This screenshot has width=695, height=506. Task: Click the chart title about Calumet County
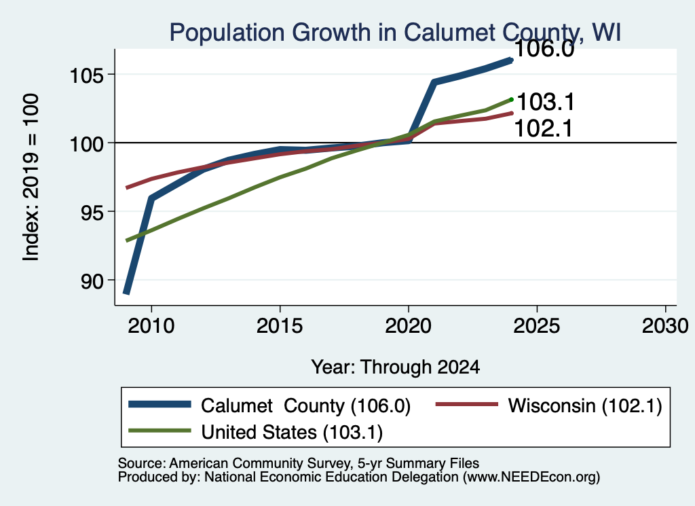click(x=395, y=33)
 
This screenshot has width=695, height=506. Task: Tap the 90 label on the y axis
click(x=92, y=281)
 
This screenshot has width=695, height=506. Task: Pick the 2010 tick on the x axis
click(x=151, y=326)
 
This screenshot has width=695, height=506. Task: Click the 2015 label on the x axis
click(x=280, y=326)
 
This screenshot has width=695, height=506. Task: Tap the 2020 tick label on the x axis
click(x=408, y=326)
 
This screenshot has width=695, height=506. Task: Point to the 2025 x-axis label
click(x=537, y=326)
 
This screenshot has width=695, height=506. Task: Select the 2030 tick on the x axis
click(x=665, y=326)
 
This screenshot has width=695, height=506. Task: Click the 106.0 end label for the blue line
click(x=544, y=49)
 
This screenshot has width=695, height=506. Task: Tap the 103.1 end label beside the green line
click(x=546, y=102)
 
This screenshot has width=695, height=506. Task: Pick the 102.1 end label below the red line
click(x=544, y=128)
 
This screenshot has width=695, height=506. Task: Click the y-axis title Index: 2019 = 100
click(x=31, y=177)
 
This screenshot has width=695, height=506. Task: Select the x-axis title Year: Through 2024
click(x=396, y=367)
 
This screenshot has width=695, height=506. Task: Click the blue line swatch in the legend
click(x=159, y=404)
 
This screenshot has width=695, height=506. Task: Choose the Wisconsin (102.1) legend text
click(x=585, y=405)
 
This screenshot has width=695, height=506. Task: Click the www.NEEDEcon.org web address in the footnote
click(x=531, y=477)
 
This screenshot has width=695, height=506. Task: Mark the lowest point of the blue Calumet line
click(x=126, y=293)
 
